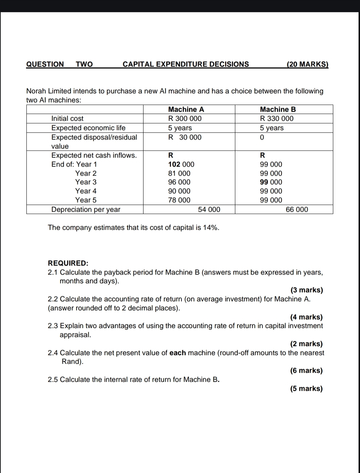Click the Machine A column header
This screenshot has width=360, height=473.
pyautogui.click(x=186, y=109)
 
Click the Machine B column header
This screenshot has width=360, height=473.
pyautogui.click(x=278, y=109)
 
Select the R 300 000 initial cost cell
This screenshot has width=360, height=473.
pyautogui.click(x=185, y=118)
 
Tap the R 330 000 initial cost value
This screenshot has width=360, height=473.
pyautogui.click(x=277, y=118)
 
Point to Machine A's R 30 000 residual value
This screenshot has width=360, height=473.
pyautogui.click(x=185, y=137)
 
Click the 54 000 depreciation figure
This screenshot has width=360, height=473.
pyautogui.click(x=209, y=209)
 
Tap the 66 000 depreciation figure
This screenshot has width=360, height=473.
pyautogui.click(x=297, y=209)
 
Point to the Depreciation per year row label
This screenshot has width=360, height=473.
pyautogui.click(x=86, y=209)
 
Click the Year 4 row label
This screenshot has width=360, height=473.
pyautogui.click(x=86, y=191)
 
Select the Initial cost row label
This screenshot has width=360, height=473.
pyautogui.click(x=67, y=118)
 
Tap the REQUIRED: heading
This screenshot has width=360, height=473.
pyautogui.click(x=68, y=263)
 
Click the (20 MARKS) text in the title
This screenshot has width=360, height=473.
pyautogui.click(x=307, y=64)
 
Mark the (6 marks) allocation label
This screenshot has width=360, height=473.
pyautogui.click(x=306, y=370)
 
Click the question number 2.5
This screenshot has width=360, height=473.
pyautogui.click(x=53, y=379)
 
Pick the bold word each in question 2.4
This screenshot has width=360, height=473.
pyautogui.click(x=177, y=353)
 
